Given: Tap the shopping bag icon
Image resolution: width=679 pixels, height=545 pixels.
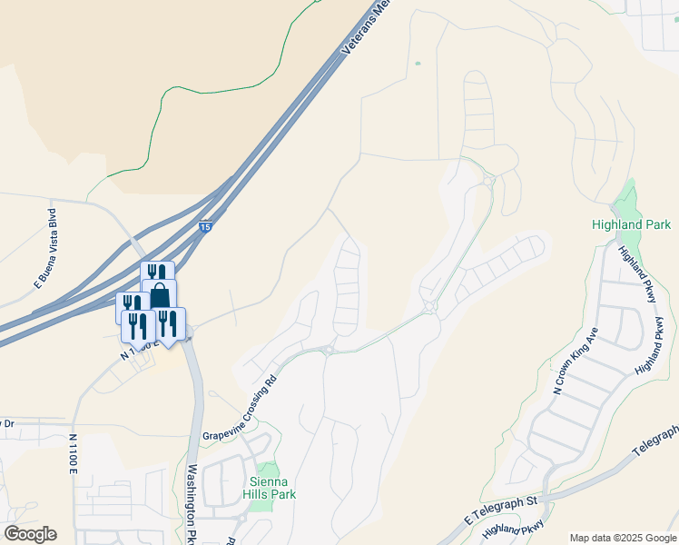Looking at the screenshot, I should [x=160, y=295].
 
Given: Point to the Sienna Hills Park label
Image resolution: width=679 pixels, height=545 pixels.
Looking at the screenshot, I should [x=271, y=487].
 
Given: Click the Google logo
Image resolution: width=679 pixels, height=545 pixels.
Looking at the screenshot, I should [x=30, y=534].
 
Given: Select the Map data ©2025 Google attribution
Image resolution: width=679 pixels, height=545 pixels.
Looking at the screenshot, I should [x=622, y=538].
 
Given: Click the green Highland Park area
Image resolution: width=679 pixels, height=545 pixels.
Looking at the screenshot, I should [x=625, y=200].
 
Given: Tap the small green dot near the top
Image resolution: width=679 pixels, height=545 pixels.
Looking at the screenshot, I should [x=418, y=64].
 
